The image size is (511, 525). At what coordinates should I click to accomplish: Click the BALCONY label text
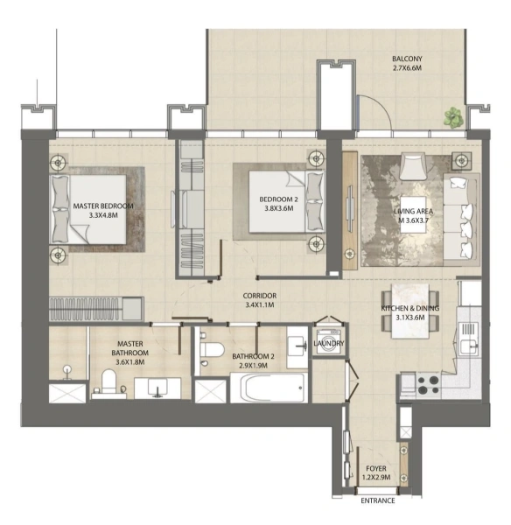409,60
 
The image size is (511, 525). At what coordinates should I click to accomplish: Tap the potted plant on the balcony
453,116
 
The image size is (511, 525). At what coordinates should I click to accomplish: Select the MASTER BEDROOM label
103,206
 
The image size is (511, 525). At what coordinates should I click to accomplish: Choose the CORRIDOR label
259,296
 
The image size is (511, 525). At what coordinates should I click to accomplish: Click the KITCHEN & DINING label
409,309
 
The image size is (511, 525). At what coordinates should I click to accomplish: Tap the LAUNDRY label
329,343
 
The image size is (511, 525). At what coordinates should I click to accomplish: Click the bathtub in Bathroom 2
268,387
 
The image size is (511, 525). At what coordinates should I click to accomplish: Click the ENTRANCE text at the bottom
378,500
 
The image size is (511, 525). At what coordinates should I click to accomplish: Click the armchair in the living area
413,165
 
